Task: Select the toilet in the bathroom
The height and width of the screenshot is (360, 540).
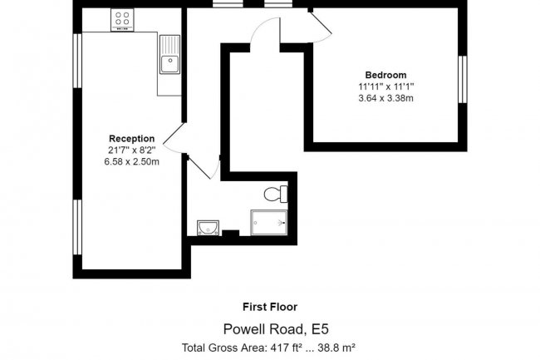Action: click(x=274, y=195)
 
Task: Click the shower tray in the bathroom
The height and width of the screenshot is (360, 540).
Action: click(x=269, y=222)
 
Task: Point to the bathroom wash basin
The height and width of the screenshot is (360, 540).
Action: click(x=208, y=227)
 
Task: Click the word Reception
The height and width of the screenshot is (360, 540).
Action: click(x=132, y=138)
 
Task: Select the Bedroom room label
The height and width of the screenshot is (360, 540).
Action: click(x=386, y=75)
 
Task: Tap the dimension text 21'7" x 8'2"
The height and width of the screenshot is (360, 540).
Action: click(x=132, y=150)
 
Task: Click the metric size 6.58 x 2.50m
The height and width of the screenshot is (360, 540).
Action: click(x=132, y=161)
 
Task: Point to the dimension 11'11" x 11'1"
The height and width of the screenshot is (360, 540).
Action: click(x=386, y=86)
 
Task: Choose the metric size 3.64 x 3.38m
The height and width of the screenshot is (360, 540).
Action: click(x=386, y=98)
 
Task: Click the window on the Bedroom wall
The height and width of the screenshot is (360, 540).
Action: click(x=464, y=80)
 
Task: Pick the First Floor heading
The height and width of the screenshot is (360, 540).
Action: click(x=270, y=307)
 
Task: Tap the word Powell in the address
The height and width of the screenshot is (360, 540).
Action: click(x=247, y=328)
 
